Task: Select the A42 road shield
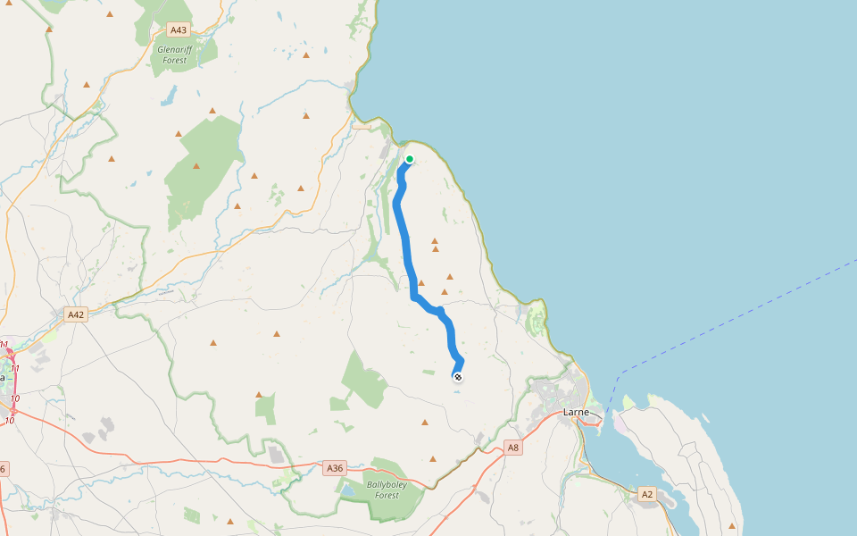(x=76, y=314)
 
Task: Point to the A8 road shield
(x=512, y=448)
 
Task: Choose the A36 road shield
(x=335, y=467)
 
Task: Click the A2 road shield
(x=647, y=493)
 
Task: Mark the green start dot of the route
(x=410, y=159)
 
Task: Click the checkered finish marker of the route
(x=457, y=377)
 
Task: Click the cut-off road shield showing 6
(x=3, y=468)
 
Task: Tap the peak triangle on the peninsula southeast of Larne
(x=732, y=525)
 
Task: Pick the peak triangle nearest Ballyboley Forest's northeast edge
(x=433, y=459)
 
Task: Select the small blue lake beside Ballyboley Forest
(x=346, y=491)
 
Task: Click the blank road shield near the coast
(x=362, y=126)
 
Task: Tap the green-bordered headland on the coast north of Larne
(x=537, y=315)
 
